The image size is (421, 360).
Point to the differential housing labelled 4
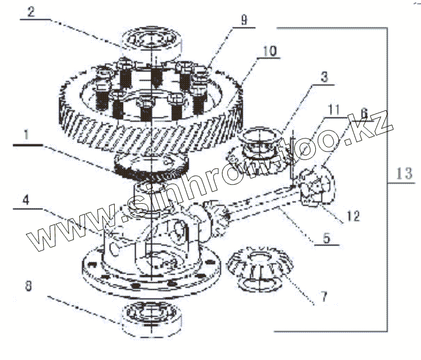click(x=153, y=247)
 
